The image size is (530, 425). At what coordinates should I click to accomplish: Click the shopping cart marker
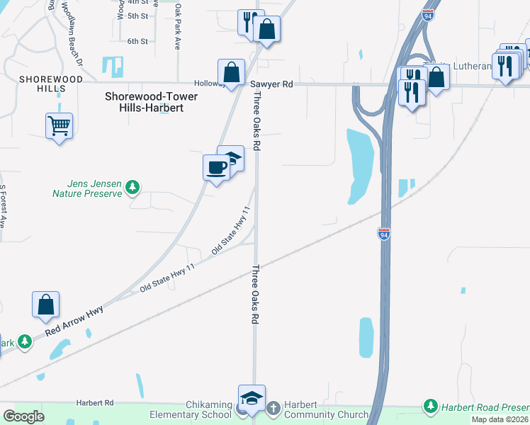pos(59,126)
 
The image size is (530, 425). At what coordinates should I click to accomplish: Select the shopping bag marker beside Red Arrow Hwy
pos(45,305)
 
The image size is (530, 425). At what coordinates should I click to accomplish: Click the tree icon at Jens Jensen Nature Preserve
pos(132,187)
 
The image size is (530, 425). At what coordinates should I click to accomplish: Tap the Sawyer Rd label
pos(271,84)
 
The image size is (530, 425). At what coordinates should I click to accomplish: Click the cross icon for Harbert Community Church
pos(274,407)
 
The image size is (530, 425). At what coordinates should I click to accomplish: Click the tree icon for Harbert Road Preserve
pos(430,406)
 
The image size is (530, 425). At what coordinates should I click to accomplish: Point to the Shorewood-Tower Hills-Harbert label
pos(144,102)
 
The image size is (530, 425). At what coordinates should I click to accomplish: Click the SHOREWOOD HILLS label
pos(42,84)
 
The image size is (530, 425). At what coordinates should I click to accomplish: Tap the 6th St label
pos(137,41)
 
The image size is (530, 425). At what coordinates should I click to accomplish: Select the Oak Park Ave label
pos(178,27)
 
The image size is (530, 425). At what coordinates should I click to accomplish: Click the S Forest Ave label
pos(3,206)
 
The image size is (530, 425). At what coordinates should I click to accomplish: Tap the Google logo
pos(24,416)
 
